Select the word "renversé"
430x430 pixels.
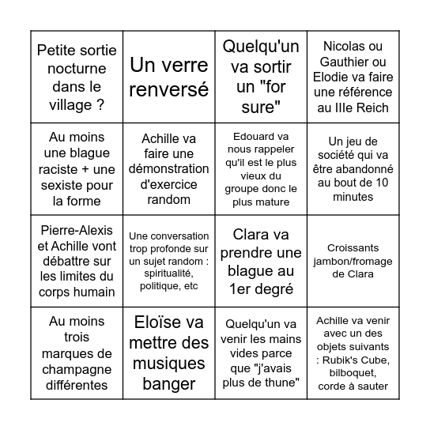tap(168, 89)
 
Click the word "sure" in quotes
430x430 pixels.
tap(260, 105)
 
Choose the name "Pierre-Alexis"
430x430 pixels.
tap(76, 230)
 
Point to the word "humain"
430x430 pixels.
tap(77, 292)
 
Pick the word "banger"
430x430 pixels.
tap(168, 384)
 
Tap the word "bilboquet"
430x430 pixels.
tap(351, 372)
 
